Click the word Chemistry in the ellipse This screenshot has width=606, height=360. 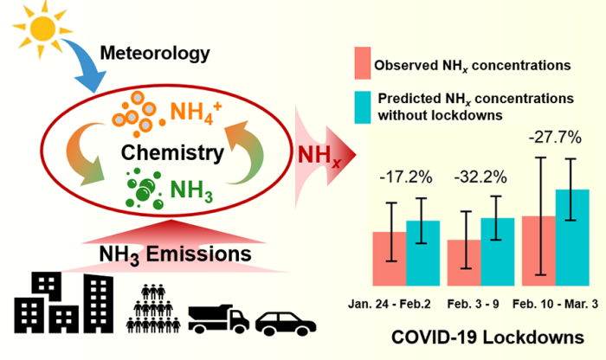coord(172,153)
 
